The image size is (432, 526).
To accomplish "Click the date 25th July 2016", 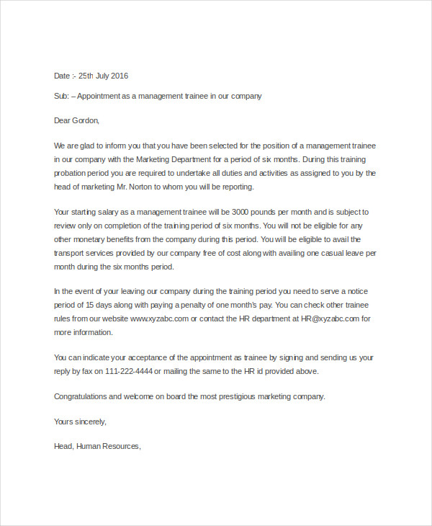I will coord(103,76).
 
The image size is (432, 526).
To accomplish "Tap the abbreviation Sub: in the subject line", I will coord(61,96).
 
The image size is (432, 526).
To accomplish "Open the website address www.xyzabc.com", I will coord(160,318).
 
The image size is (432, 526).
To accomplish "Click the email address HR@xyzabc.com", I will coord(330,318).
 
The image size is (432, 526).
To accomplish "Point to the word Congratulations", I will coord(81,396).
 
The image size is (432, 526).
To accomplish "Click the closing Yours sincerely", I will coord(80,422).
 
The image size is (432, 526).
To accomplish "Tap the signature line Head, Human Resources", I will coord(97,446).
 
